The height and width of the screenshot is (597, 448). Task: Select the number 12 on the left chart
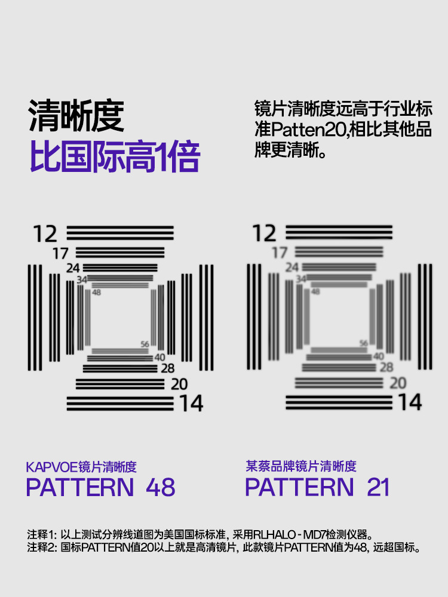pyautogui.click(x=45, y=234)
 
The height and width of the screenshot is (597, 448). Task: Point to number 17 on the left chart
pyautogui.click(x=60, y=254)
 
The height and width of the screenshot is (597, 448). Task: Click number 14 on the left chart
pyautogui.click(x=192, y=404)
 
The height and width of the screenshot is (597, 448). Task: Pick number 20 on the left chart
pyautogui.click(x=179, y=384)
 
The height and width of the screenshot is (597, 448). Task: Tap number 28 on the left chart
pyautogui.click(x=168, y=369)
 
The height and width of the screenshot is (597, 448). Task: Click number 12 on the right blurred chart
pyautogui.click(x=265, y=233)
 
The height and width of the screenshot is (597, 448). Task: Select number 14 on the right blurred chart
pyautogui.click(x=410, y=402)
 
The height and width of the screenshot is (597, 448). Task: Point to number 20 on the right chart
pyautogui.click(x=398, y=383)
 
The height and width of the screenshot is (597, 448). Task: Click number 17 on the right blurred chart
pyautogui.click(x=280, y=253)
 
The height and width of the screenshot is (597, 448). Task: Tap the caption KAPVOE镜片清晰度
pyautogui.click(x=81, y=467)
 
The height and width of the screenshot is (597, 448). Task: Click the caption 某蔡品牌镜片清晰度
pyautogui.click(x=300, y=466)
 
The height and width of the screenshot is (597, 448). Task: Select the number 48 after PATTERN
pyautogui.click(x=160, y=488)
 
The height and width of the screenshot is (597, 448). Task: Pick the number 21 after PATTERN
pyautogui.click(x=378, y=488)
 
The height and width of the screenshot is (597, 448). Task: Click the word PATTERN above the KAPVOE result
pyautogui.click(x=80, y=488)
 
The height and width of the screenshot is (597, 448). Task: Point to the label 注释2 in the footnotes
pyautogui.click(x=41, y=547)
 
